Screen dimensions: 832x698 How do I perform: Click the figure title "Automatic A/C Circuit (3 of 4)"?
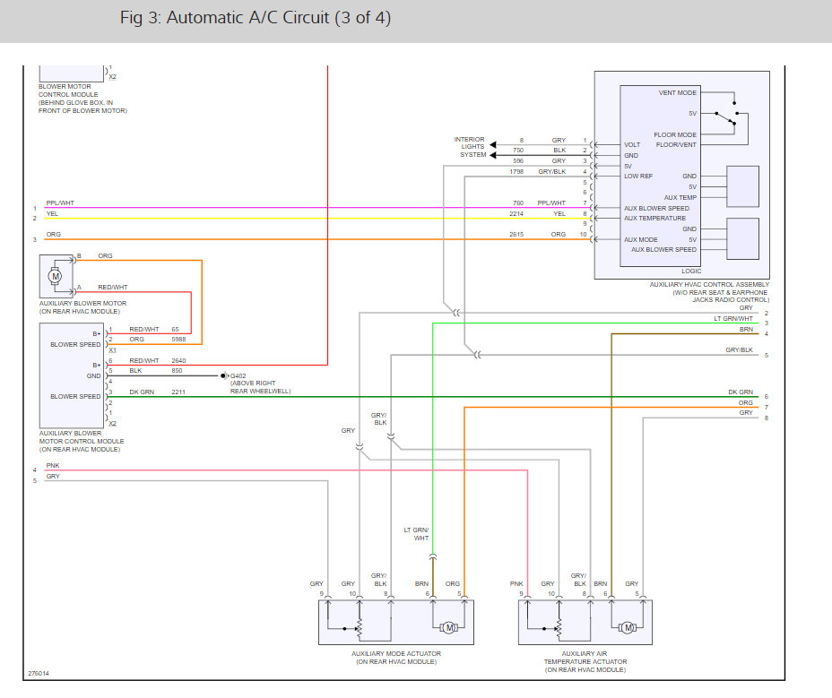279,18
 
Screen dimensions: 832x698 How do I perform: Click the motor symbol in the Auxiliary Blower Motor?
55,276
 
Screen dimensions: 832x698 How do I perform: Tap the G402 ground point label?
238,376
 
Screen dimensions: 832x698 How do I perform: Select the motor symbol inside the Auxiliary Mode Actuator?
449,628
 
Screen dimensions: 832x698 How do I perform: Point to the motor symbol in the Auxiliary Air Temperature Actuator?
628,628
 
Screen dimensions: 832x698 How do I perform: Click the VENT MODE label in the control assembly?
678,93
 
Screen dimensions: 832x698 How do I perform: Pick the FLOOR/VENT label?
676,145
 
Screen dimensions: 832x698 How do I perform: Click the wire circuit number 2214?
516,214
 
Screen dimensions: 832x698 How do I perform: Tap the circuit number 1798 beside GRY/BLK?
516,172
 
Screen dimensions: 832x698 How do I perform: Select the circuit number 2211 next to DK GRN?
178,392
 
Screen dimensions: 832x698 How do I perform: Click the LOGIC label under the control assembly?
691,271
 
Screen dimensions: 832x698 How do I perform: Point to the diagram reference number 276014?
39,674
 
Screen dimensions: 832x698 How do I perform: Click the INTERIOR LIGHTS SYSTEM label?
470,147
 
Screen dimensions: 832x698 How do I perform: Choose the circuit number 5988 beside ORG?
178,339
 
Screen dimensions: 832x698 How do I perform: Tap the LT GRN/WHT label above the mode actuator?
417,534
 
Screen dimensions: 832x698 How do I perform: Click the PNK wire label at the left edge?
53,466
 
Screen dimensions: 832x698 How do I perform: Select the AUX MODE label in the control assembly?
640,240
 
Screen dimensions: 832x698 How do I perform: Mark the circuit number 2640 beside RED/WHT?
178,361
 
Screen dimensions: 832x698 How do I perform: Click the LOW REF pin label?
638,177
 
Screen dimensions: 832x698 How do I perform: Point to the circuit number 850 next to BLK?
177,371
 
